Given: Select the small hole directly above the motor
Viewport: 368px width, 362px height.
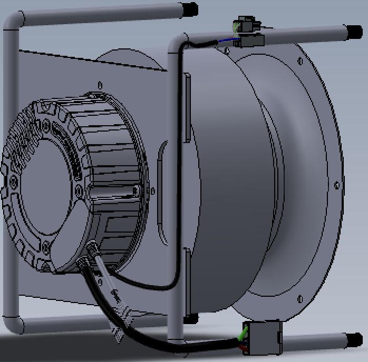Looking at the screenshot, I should (x=99, y=83).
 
